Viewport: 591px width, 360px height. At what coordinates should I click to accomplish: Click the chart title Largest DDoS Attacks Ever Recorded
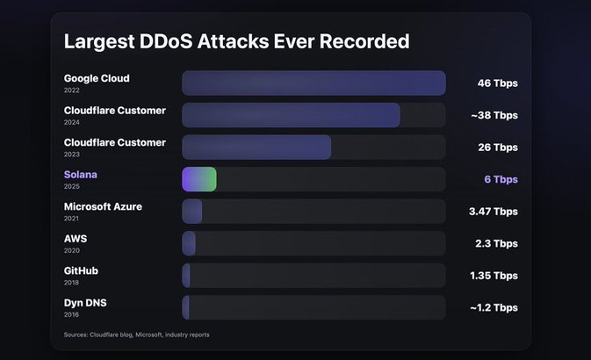(x=236, y=41)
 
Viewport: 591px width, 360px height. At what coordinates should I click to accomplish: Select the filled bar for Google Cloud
(x=314, y=83)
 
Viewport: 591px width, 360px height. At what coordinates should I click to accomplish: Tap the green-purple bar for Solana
(x=199, y=179)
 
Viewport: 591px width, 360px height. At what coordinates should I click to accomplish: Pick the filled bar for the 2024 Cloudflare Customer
(x=291, y=115)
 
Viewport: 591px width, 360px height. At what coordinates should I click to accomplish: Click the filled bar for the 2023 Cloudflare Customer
(x=256, y=148)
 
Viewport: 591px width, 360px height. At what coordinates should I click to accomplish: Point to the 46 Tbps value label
(x=497, y=83)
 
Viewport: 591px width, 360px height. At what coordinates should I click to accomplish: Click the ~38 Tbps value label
(x=494, y=115)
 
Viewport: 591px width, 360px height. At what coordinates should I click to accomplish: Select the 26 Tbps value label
(x=497, y=148)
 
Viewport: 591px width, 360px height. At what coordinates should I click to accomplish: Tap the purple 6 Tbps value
(x=501, y=179)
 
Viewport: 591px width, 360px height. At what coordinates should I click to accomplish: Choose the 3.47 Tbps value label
(x=493, y=212)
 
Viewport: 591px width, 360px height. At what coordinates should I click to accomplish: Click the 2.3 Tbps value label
(x=496, y=243)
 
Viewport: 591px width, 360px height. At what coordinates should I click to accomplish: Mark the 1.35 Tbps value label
(x=493, y=276)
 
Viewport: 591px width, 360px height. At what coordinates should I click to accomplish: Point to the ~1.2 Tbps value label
(x=493, y=307)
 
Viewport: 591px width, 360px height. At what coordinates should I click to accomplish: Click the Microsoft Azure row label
(x=103, y=206)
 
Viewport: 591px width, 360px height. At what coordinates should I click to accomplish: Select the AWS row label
(x=76, y=239)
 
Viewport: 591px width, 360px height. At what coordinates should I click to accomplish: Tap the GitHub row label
(x=81, y=270)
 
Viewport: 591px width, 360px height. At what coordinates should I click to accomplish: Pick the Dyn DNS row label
(x=85, y=303)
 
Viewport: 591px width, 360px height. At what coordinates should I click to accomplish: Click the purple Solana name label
(x=81, y=175)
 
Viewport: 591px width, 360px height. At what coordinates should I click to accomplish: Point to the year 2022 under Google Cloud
(x=71, y=90)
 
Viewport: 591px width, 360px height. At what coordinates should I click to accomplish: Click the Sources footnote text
(x=136, y=335)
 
